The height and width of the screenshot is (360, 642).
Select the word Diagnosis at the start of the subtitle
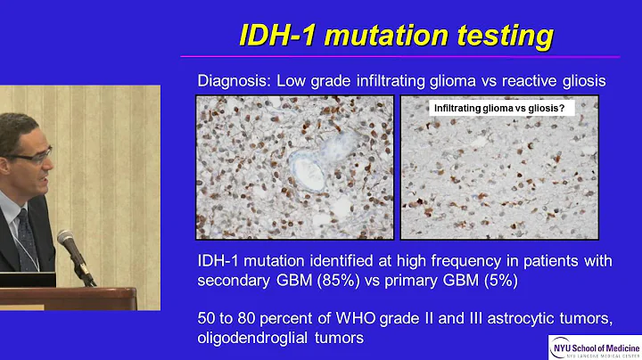tap(233, 80)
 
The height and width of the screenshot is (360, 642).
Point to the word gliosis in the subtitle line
tap(580, 80)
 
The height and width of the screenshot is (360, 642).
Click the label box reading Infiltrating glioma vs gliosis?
tap(503, 109)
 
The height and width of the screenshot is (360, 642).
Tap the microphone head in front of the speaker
tap(66, 241)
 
